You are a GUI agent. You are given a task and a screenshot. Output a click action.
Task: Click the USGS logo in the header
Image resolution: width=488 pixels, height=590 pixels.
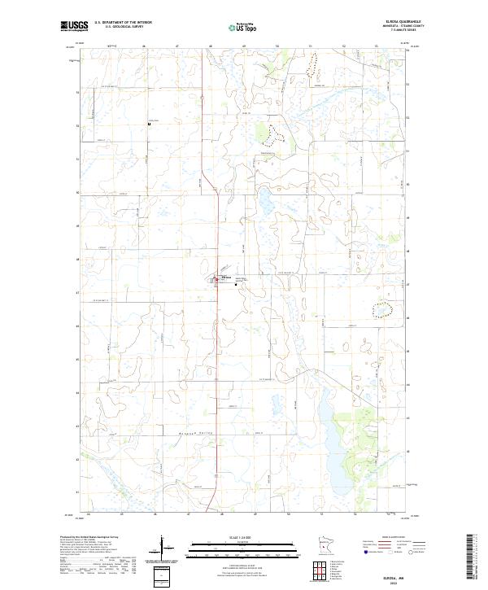pos(74,26)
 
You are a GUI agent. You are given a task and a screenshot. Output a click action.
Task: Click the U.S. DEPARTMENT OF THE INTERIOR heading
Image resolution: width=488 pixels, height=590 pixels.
pos(124,23)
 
